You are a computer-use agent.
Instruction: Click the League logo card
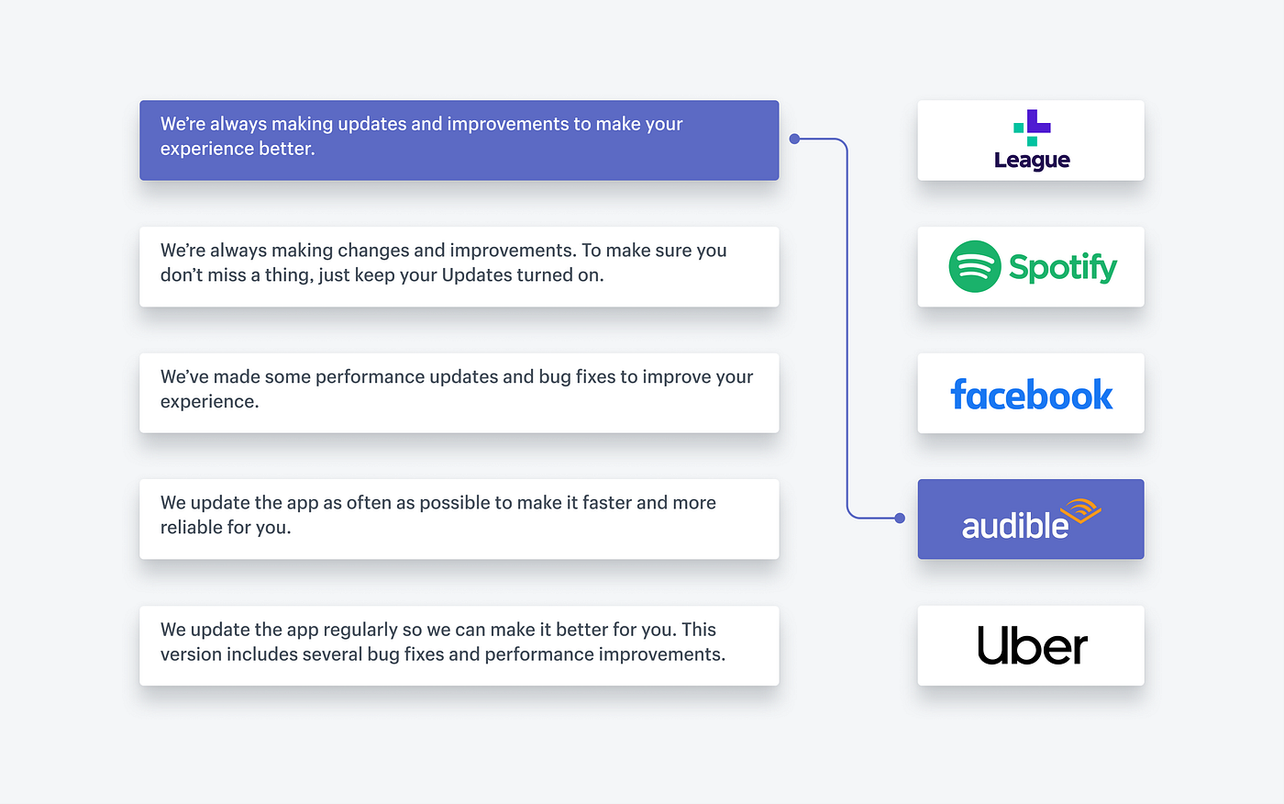pyautogui.click(x=1031, y=140)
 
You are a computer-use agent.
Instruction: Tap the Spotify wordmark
pyautogui.click(x=1063, y=267)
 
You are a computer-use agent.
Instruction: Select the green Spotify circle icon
pyautogui.click(x=974, y=267)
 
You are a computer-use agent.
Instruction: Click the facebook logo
pyautogui.click(x=1031, y=394)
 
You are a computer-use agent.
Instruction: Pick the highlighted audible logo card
pyautogui.click(x=1031, y=519)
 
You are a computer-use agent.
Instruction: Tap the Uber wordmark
pyautogui.click(x=1032, y=645)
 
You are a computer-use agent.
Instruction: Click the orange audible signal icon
pyautogui.click(x=1080, y=510)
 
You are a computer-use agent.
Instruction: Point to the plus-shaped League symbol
pyautogui.click(x=1032, y=128)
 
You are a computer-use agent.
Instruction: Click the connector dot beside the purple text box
pyautogui.click(x=794, y=139)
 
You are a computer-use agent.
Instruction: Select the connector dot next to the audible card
pyautogui.click(x=900, y=519)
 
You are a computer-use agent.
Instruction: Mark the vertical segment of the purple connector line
pyautogui.click(x=847, y=329)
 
